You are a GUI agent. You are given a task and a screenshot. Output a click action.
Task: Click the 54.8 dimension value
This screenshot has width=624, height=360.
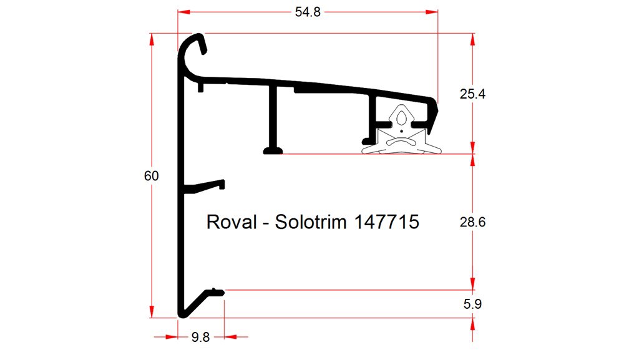pyautogui.click(x=308, y=12)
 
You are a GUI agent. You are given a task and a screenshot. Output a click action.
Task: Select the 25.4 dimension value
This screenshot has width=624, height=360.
pyautogui.click(x=472, y=95)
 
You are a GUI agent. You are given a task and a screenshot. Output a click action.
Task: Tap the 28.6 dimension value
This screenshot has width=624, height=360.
pyautogui.click(x=472, y=222)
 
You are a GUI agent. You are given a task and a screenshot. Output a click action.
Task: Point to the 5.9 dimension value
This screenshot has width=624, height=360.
pyautogui.click(x=472, y=304)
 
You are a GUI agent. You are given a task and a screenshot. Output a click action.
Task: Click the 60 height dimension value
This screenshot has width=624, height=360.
pyautogui.click(x=151, y=177)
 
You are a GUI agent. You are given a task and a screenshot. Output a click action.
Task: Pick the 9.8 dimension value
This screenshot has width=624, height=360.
pyautogui.click(x=200, y=338)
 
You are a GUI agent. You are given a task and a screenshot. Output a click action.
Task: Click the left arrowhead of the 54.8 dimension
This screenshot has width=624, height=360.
pyautogui.click(x=182, y=12)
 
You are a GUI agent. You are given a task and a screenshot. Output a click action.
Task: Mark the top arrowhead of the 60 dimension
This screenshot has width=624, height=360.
pyautogui.click(x=151, y=38)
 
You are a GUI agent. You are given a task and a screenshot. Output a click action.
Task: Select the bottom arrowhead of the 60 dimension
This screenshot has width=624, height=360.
pyautogui.click(x=151, y=313)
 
